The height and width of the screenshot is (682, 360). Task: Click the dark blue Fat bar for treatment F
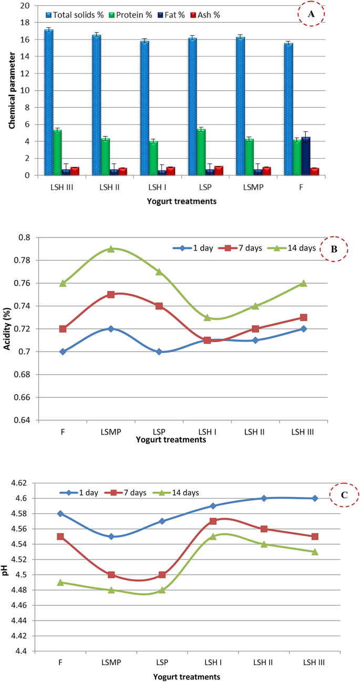pyautogui.click(x=305, y=156)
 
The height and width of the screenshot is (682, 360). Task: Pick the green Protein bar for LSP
pyautogui.click(x=201, y=152)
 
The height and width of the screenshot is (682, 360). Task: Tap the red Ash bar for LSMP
pyautogui.click(x=267, y=171)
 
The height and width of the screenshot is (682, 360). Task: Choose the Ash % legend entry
pyautogui.click(x=204, y=15)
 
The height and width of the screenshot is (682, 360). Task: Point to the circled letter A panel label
pyautogui.click(x=311, y=15)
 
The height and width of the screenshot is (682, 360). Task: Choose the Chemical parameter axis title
pyautogui.click(x=11, y=91)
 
